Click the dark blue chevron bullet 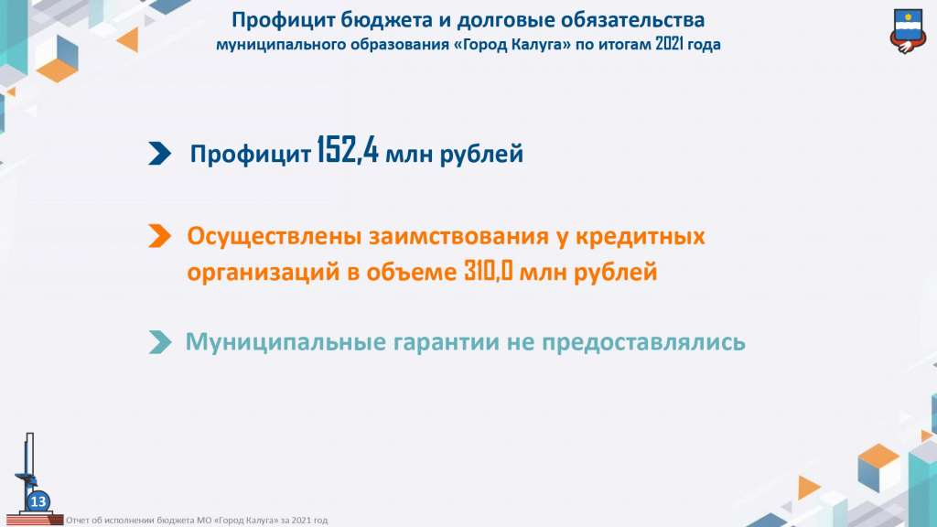159,154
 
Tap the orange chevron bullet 159,236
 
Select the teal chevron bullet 159,342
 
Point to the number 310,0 489,271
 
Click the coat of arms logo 908,32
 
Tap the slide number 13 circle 38,501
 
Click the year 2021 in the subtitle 670,44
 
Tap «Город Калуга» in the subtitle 517,44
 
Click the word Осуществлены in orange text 275,237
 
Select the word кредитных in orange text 641,237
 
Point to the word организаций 263,273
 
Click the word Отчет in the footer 76,521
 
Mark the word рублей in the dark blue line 481,154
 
